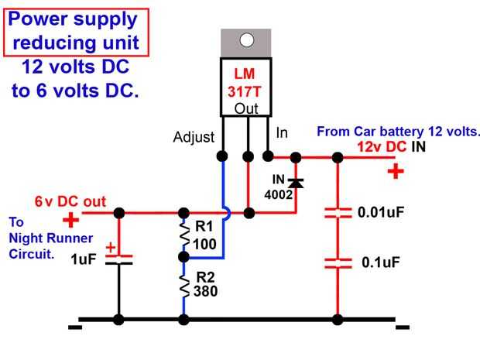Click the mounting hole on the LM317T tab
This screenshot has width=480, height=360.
point(247,40)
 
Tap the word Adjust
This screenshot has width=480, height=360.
point(193,138)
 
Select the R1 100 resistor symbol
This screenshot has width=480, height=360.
point(184,235)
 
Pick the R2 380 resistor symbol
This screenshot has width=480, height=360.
point(184,289)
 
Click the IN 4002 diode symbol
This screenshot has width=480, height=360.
point(296,183)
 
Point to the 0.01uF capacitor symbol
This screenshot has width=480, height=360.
point(337,212)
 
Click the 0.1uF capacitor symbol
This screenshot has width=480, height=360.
point(337,263)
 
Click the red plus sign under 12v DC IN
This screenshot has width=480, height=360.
point(396,172)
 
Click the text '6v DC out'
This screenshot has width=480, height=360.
point(70,201)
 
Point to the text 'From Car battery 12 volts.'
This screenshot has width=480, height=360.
point(399,131)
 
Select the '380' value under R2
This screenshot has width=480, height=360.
point(205,292)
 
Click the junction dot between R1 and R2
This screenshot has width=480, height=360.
point(184,256)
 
